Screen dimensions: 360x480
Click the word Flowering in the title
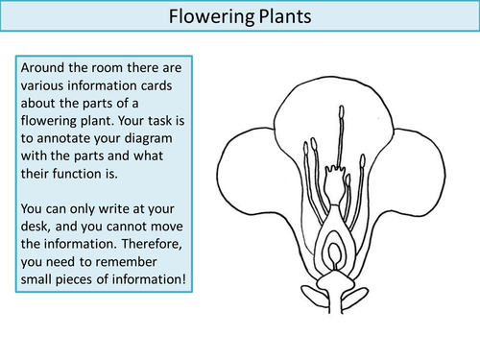(x=204, y=16)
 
